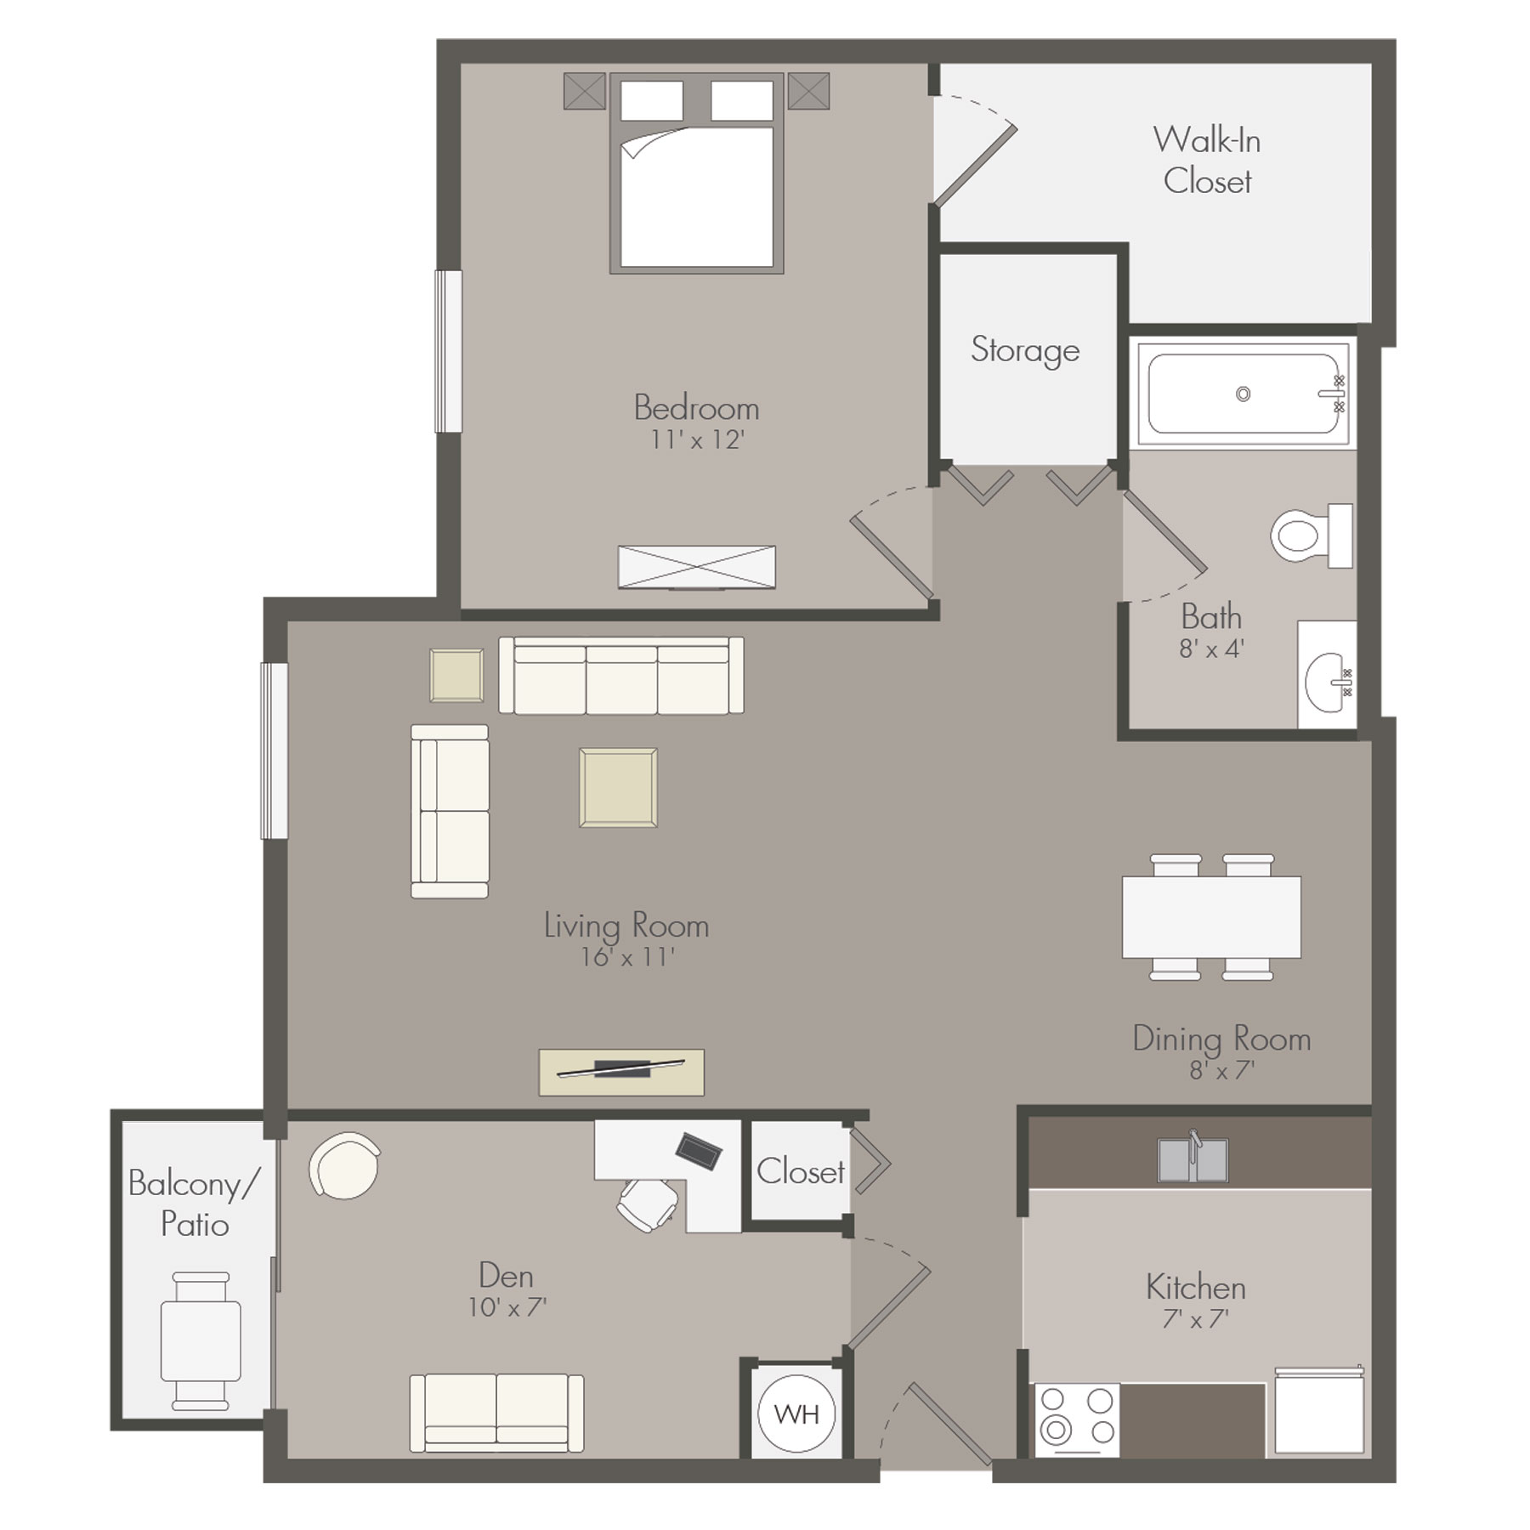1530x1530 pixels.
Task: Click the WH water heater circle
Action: click(796, 1414)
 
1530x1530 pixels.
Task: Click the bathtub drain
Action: click(1243, 394)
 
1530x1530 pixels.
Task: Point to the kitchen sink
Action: click(1193, 1159)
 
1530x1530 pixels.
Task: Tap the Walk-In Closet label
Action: click(1207, 161)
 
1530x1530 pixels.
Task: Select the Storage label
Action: click(1025, 350)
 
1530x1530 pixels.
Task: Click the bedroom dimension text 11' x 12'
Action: click(697, 439)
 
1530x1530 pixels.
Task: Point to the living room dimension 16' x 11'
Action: click(627, 957)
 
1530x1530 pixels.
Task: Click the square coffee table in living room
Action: click(618, 787)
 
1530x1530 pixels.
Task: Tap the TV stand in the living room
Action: click(621, 1072)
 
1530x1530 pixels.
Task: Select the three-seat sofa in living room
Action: click(621, 676)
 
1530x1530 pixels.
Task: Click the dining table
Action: click(1211, 917)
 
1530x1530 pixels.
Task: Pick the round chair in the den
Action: click(345, 1165)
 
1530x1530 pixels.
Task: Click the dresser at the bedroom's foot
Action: click(697, 567)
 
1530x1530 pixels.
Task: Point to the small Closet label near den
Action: click(801, 1171)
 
